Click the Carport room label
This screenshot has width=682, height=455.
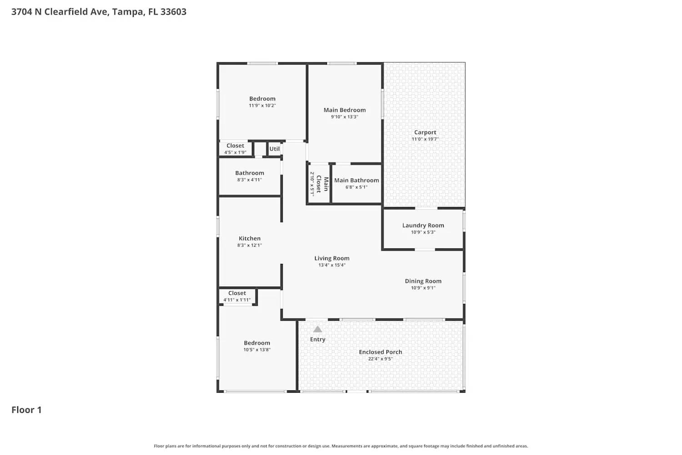425,132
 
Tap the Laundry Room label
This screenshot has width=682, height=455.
423,225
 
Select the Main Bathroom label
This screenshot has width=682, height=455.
356,180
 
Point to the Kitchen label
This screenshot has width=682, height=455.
250,238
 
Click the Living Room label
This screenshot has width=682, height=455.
332,258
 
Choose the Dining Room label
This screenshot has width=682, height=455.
423,281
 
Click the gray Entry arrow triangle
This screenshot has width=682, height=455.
317,329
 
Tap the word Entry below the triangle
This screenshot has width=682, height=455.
317,339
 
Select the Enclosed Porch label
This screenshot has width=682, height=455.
380,352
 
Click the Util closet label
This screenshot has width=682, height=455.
275,149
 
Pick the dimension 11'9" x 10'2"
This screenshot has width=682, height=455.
262,106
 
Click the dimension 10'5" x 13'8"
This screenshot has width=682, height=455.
257,350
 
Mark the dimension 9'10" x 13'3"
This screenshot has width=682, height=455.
345,117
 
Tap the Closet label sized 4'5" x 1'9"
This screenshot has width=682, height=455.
235,146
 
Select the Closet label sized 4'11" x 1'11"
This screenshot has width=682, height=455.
237,293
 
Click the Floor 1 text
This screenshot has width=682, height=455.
26,410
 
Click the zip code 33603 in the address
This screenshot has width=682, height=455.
173,12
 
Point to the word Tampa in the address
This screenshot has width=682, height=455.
128,12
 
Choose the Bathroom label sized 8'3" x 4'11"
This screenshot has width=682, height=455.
250,173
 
